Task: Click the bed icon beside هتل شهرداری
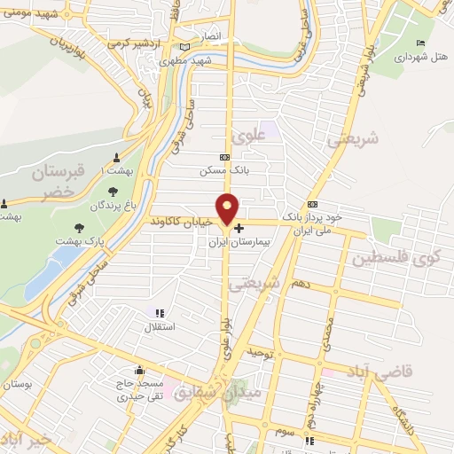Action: point(420,43)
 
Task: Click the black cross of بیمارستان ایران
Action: point(239,228)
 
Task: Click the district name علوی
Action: point(247,136)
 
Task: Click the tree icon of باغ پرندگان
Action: point(113,190)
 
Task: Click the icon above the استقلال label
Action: point(160,313)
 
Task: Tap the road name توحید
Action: point(255,353)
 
